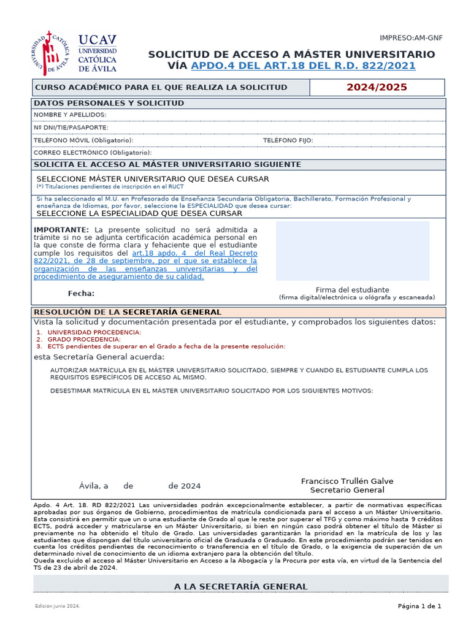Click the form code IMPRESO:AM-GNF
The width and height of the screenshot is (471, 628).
(411, 38)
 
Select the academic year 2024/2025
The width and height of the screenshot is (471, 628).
(377, 87)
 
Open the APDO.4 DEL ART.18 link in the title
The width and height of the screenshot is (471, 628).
(303, 66)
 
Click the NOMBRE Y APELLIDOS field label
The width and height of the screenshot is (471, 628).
(70, 115)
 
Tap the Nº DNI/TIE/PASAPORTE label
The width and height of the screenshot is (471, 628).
(71, 128)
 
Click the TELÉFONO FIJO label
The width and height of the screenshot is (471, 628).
(288, 140)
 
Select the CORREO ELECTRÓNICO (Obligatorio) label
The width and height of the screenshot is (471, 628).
(93, 153)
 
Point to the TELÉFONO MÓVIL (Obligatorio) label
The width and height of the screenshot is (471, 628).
(83, 140)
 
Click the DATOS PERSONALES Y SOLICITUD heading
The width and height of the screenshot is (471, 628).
(109, 103)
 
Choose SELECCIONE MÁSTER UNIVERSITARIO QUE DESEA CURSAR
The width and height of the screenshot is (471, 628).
(153, 178)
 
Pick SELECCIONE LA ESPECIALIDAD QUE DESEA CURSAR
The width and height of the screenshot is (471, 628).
(139, 213)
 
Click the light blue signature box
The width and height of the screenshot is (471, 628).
(353, 251)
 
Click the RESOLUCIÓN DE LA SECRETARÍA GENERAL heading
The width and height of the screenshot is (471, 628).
(127, 312)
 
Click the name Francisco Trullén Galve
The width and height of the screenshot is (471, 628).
(347, 481)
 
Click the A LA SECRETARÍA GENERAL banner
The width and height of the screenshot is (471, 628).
(240, 587)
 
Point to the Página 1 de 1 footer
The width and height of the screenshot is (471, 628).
(419, 607)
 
